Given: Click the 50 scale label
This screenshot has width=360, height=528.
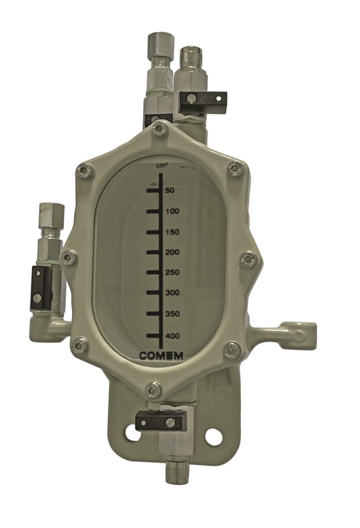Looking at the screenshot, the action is (x=170, y=191).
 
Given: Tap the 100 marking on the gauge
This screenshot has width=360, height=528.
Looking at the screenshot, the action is (x=172, y=211).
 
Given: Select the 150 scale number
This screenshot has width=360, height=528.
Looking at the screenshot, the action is (x=172, y=233).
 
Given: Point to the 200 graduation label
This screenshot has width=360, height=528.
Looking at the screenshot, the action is (x=172, y=253).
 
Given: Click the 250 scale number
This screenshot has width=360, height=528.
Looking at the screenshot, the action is (x=172, y=272).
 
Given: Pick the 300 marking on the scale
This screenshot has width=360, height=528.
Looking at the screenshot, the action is (x=172, y=293).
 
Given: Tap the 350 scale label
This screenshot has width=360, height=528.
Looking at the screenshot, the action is (x=172, y=314).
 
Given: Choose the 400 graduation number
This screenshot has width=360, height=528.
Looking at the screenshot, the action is (x=172, y=336).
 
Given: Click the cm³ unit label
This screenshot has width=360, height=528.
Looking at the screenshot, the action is (x=164, y=165).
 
